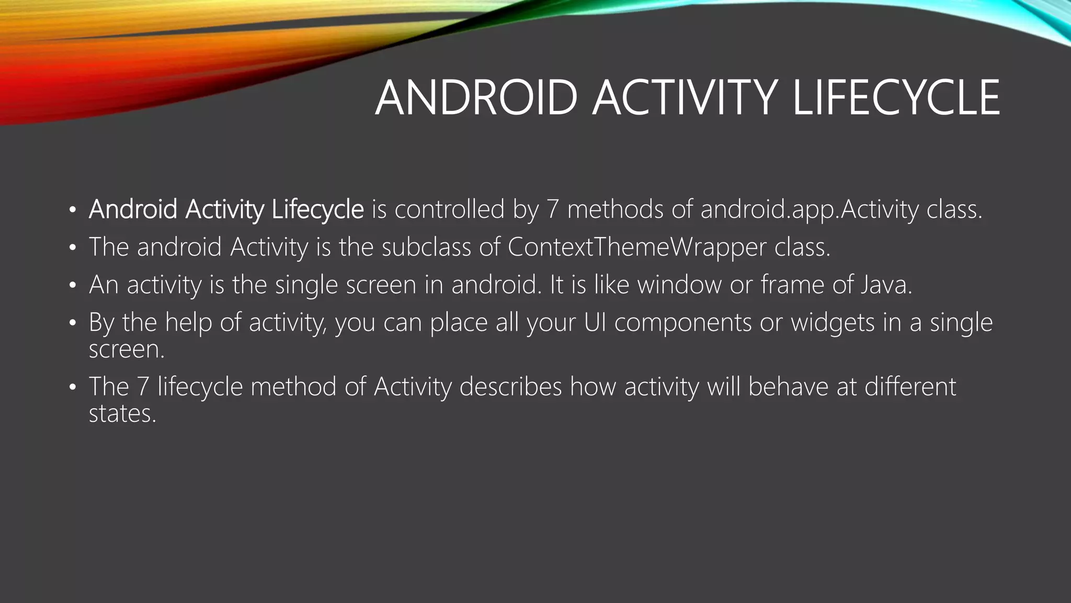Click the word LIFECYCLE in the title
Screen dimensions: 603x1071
896,98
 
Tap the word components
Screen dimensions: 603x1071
683,322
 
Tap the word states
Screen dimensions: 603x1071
122,414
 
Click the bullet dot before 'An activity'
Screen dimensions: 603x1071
73,286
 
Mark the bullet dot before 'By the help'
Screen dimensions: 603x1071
73,323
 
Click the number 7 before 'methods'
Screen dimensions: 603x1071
553,210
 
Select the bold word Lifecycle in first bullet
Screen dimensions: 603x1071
317,210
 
